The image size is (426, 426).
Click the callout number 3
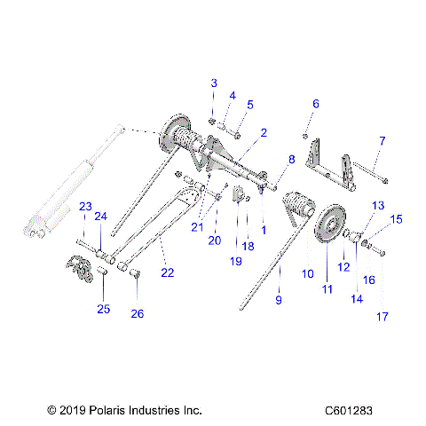(x=213, y=83)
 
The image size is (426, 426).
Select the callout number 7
(x=383, y=141)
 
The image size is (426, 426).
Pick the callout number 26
(x=138, y=313)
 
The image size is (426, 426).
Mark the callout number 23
(x=85, y=207)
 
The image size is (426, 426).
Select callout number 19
(x=236, y=262)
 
